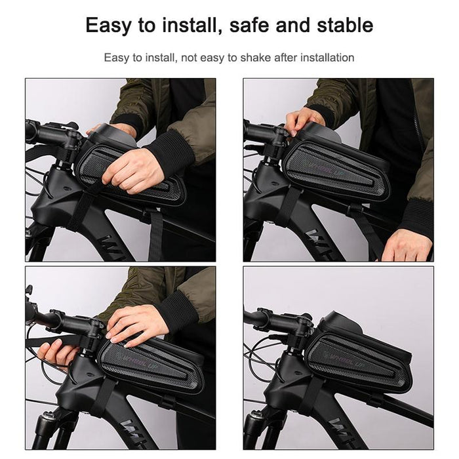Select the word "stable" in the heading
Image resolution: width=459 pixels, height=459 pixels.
(342, 26)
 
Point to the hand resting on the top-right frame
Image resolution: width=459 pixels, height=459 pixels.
(407, 244)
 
